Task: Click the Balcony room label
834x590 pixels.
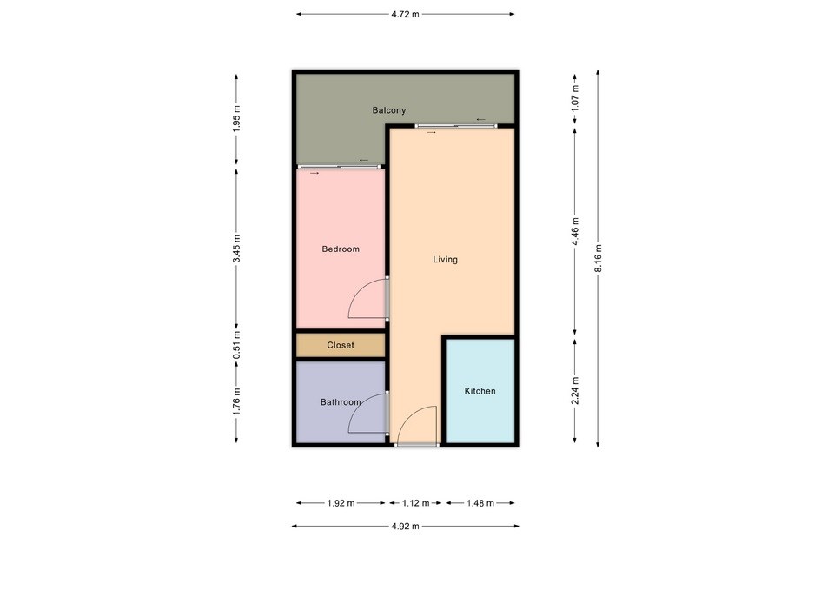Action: pos(389,110)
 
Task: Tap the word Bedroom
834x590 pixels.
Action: pos(341,249)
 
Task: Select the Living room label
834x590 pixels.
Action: pos(445,260)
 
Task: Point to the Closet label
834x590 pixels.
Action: pos(341,345)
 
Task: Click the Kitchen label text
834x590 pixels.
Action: pos(480,391)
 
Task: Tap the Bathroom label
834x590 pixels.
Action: pos(341,402)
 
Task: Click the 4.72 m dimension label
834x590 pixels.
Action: pos(406,15)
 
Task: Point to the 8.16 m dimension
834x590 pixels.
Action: pos(598,259)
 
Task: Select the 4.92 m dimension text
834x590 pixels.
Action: pos(406,527)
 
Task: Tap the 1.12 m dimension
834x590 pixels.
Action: pos(415,503)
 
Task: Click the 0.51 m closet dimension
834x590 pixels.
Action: pos(236,344)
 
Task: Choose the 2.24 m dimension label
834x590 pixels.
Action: pos(575,390)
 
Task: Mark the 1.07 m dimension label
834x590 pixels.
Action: pos(575,98)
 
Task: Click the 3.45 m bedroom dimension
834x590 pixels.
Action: pos(236,249)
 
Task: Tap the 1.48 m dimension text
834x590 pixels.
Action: pos(480,503)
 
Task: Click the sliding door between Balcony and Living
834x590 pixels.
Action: pos(456,126)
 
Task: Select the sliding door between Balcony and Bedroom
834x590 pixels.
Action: pos(340,167)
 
